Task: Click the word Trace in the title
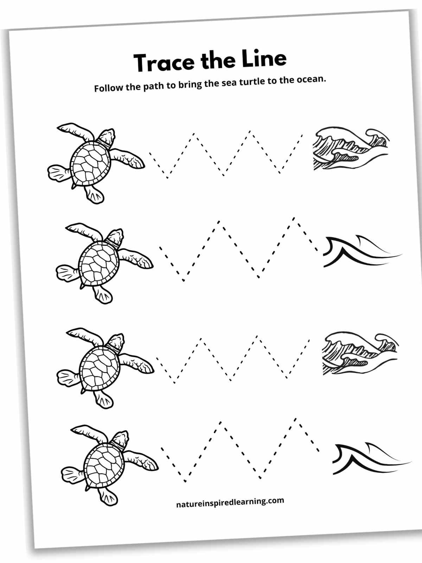[x=164, y=63]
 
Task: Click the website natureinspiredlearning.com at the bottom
[x=230, y=502]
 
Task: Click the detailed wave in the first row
[x=350, y=150]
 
